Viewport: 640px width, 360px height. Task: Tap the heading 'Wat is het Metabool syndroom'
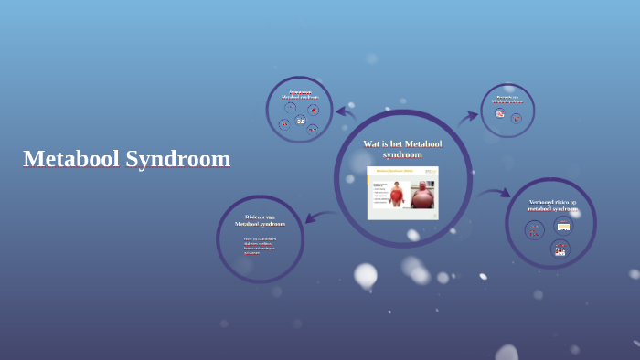point(402,149)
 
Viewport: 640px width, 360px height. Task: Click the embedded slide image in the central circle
point(403,193)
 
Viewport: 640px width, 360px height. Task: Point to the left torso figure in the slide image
point(396,194)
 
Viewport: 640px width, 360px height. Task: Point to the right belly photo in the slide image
point(421,195)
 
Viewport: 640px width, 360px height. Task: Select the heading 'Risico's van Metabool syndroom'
point(260,220)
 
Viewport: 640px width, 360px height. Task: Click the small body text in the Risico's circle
point(259,245)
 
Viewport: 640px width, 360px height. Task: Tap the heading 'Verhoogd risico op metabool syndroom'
point(552,205)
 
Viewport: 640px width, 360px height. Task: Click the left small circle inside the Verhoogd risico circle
point(535,230)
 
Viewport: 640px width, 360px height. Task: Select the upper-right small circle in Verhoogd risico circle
point(563,226)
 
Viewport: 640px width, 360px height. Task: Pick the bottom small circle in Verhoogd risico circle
point(560,249)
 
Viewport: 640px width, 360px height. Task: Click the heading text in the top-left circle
point(300,94)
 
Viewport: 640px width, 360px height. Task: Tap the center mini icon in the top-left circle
point(300,120)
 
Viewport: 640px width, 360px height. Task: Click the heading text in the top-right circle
point(507,99)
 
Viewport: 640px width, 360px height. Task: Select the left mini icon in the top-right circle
point(500,114)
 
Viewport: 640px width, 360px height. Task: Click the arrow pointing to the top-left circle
point(346,112)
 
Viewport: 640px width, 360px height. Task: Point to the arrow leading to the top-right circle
point(468,117)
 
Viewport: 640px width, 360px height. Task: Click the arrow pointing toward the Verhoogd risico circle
point(495,193)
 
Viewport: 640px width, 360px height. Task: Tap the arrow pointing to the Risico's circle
point(319,217)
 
